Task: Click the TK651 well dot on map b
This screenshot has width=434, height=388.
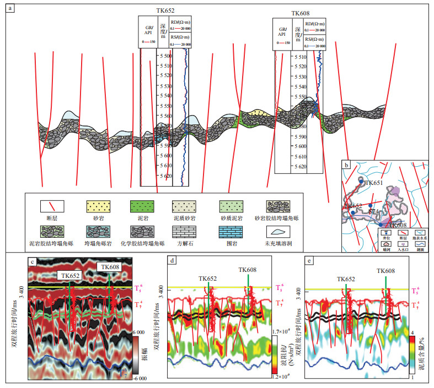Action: (361, 180)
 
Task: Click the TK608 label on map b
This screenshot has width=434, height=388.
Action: (395, 225)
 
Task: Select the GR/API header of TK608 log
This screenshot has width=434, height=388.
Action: (282, 31)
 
